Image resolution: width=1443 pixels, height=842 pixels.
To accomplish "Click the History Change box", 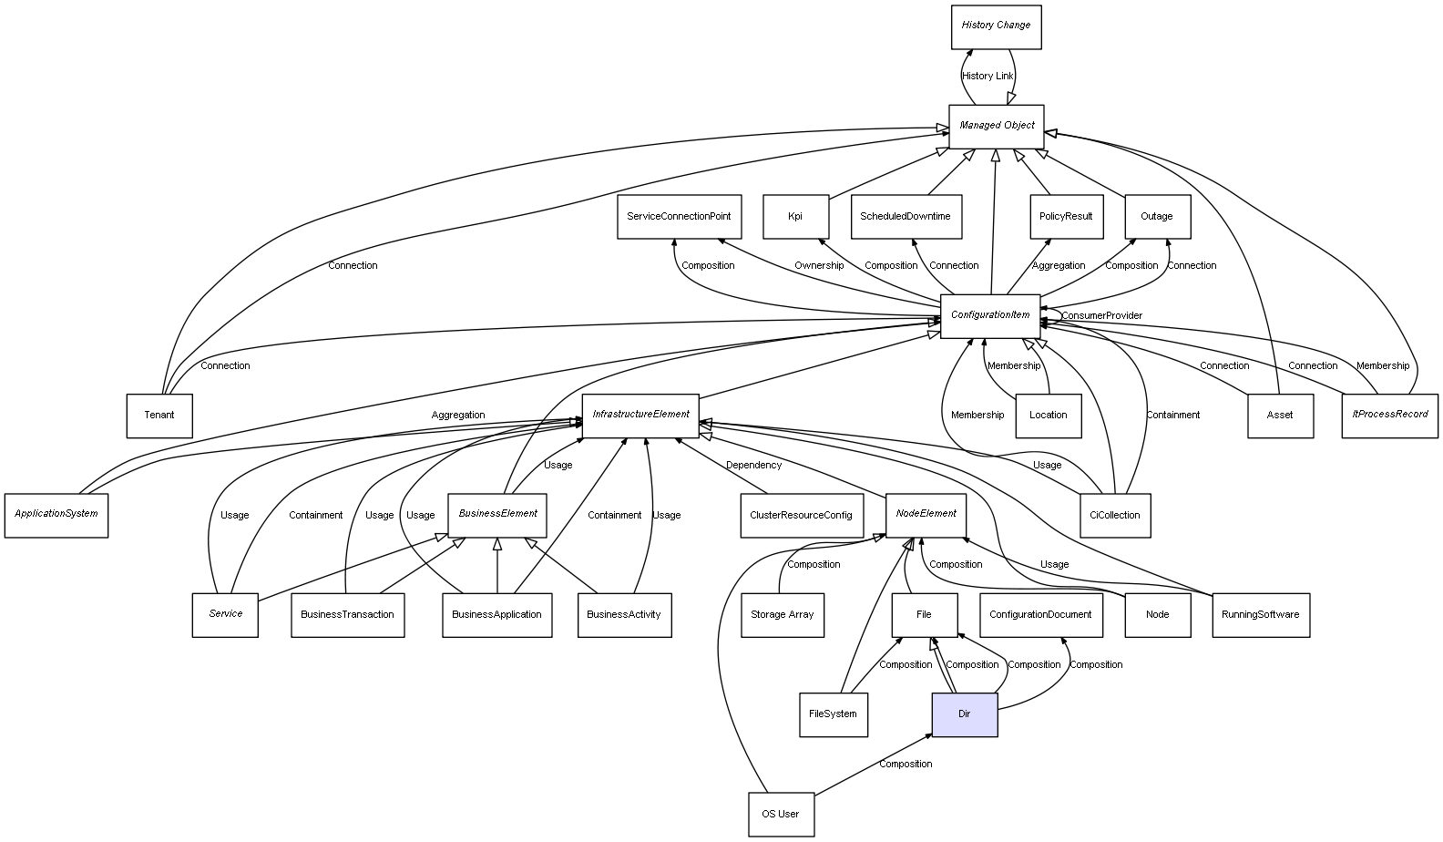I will coord(995,26).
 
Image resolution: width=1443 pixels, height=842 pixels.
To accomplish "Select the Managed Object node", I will coord(996,126).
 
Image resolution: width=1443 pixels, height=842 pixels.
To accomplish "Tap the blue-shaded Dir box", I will coord(964,714).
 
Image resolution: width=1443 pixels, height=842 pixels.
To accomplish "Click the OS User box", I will coord(781,814).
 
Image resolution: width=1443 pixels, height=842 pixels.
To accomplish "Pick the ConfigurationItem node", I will coord(990,315).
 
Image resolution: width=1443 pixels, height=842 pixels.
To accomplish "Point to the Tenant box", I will coord(159,416).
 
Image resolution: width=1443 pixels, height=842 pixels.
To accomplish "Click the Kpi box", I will coord(795,217).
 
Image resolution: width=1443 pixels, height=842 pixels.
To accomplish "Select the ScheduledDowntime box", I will coord(906,217).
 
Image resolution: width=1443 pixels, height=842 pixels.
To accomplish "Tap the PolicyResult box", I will coord(1066,217).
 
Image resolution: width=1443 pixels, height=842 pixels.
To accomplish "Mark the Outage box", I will coord(1157,217).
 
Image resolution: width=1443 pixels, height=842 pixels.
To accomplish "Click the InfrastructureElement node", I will coord(640,415).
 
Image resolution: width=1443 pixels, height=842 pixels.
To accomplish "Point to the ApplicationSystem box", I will coord(56,514).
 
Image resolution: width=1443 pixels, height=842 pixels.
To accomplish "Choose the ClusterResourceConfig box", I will coord(801,515).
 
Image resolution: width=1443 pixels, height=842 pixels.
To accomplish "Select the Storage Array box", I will coord(782,614).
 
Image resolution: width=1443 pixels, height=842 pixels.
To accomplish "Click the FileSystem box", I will coord(833,714).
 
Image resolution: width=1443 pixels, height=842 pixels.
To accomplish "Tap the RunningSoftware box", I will coord(1260,614).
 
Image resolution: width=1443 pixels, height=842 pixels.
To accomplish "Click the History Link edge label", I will coord(988,77).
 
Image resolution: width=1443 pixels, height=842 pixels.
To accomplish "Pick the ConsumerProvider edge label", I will coord(1101,316).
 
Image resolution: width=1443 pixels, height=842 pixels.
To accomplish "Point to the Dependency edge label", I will coord(753,466).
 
